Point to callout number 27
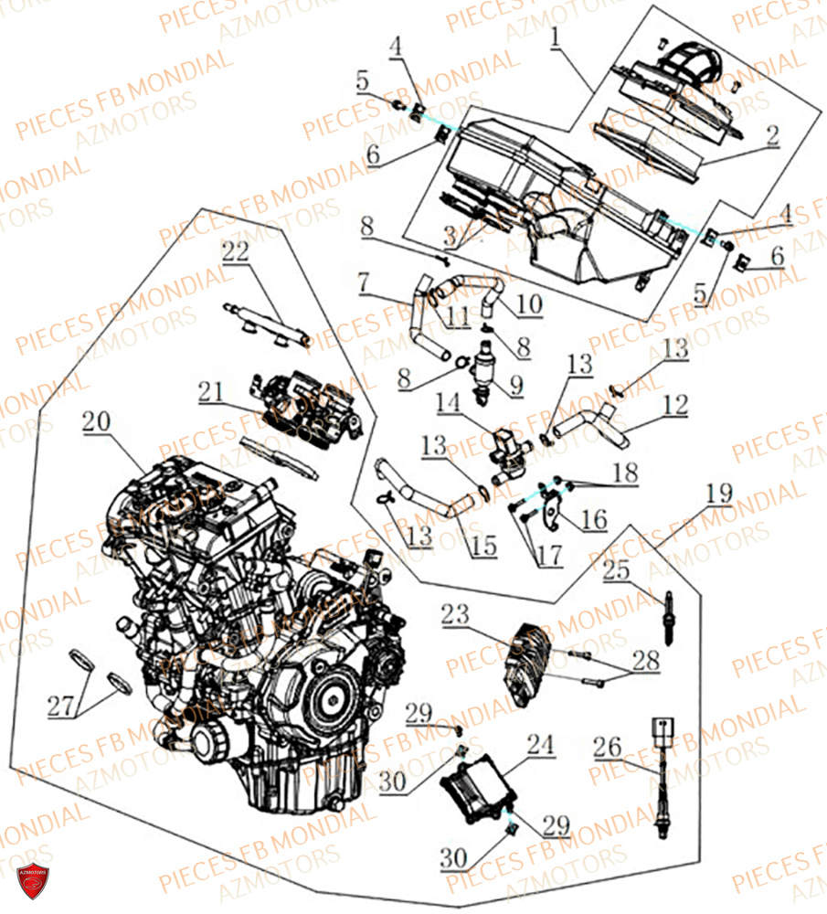[62, 705]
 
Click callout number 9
[518, 387]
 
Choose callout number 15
[483, 547]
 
